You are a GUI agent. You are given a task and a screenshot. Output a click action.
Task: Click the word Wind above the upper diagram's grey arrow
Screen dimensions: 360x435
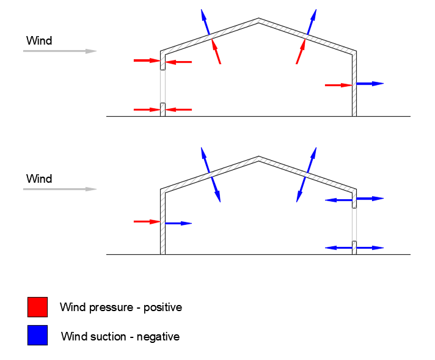(39, 41)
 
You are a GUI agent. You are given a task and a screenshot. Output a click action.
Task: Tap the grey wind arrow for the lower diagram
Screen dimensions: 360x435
(60, 189)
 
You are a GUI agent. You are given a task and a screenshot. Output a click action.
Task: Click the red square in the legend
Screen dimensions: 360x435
(37, 307)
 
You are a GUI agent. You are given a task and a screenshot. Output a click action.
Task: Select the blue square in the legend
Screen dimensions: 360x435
(37, 335)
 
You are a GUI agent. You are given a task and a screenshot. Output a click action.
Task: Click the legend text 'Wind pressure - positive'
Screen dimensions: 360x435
(120, 307)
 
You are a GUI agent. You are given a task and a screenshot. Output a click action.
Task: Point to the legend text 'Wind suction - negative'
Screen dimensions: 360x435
(120, 336)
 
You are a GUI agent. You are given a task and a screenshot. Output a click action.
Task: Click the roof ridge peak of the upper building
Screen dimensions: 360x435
(259, 20)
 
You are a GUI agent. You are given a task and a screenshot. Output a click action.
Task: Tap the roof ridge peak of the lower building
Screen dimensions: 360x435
(259, 159)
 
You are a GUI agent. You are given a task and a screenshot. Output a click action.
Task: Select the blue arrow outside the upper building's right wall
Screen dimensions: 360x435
(370, 83)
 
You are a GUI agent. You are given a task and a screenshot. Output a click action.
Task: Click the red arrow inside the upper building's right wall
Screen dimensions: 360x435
(338, 86)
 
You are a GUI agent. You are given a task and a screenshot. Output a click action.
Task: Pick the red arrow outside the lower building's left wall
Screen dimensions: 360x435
(147, 221)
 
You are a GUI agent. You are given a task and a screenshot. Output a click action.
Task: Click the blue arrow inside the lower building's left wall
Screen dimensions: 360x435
(178, 224)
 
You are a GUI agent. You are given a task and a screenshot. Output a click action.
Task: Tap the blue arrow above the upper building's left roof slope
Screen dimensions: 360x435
(205, 23)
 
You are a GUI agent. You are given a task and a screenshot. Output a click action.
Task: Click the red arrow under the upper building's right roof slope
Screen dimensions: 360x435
(301, 51)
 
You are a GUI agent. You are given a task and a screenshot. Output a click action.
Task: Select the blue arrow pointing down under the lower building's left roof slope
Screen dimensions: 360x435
(216, 189)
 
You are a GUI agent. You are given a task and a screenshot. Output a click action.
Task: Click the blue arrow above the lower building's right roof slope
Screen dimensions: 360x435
(312, 160)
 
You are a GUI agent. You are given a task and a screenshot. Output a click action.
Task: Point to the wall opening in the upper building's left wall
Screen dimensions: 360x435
(163, 86)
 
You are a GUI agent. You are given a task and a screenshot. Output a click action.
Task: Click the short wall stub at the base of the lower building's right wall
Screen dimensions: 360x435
(354, 247)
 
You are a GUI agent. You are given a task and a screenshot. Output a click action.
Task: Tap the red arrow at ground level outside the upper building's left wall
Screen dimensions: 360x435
(147, 109)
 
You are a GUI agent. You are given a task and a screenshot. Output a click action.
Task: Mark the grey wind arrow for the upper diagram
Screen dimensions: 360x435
(60, 51)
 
